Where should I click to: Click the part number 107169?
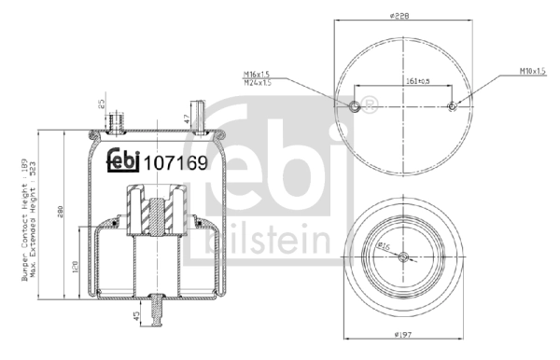[175, 160]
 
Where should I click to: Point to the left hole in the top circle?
[354, 105]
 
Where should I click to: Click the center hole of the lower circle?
[400, 257]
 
